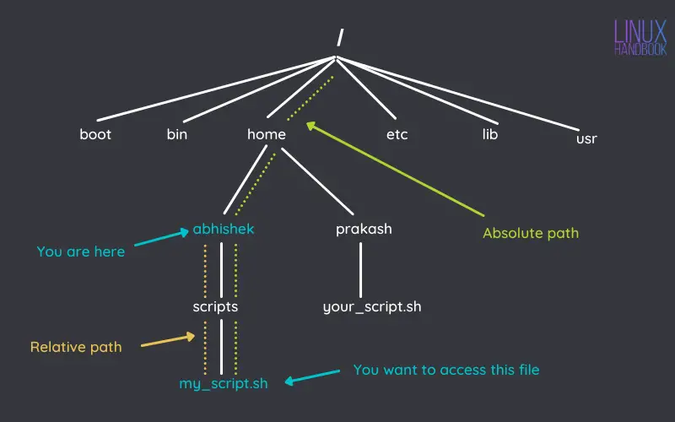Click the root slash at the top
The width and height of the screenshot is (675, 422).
pos(339,36)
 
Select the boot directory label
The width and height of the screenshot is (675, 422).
pos(95,134)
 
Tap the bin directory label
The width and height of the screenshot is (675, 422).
pos(177,134)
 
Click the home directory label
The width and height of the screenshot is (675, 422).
pos(267,134)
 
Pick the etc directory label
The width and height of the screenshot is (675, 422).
pos(397,134)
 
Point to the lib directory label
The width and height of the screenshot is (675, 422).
pos(490,134)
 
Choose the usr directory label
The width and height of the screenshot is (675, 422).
pos(586,138)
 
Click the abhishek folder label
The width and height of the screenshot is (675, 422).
pos(223,229)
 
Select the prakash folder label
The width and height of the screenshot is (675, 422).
pos(364,229)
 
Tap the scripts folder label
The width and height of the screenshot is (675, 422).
pos(215,306)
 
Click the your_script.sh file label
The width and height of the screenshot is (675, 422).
pos(372,306)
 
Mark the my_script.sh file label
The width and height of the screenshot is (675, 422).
pos(224,383)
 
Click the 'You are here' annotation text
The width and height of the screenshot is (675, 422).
pos(81,252)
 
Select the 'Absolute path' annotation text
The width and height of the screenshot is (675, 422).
pos(531,233)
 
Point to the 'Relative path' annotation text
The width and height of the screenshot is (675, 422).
pos(76,347)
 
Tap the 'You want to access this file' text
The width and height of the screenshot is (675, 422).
pos(446,370)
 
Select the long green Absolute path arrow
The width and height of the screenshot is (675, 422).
pos(397,169)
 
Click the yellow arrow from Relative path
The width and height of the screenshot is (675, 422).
pos(167,341)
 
